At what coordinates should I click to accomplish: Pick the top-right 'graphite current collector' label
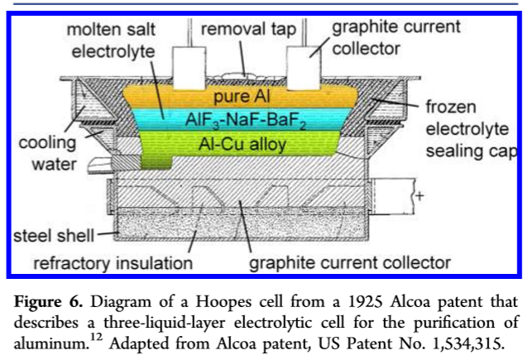coord(396,37)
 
